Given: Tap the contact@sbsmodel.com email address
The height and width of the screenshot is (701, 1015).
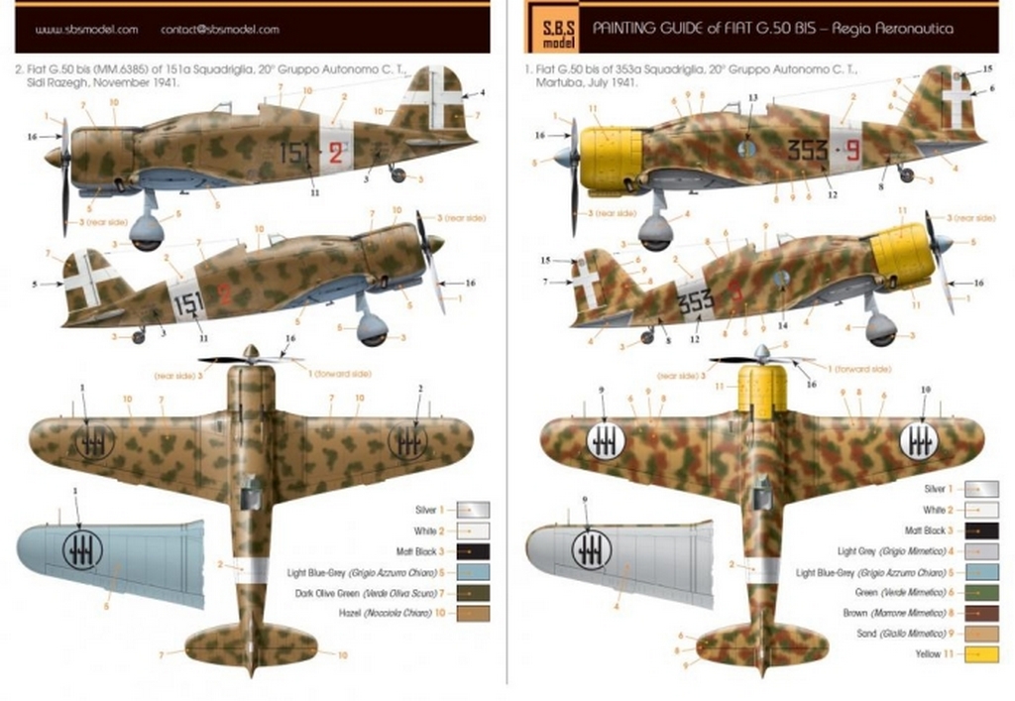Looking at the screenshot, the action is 219,30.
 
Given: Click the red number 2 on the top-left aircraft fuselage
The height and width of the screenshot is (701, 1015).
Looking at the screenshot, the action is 336,153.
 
